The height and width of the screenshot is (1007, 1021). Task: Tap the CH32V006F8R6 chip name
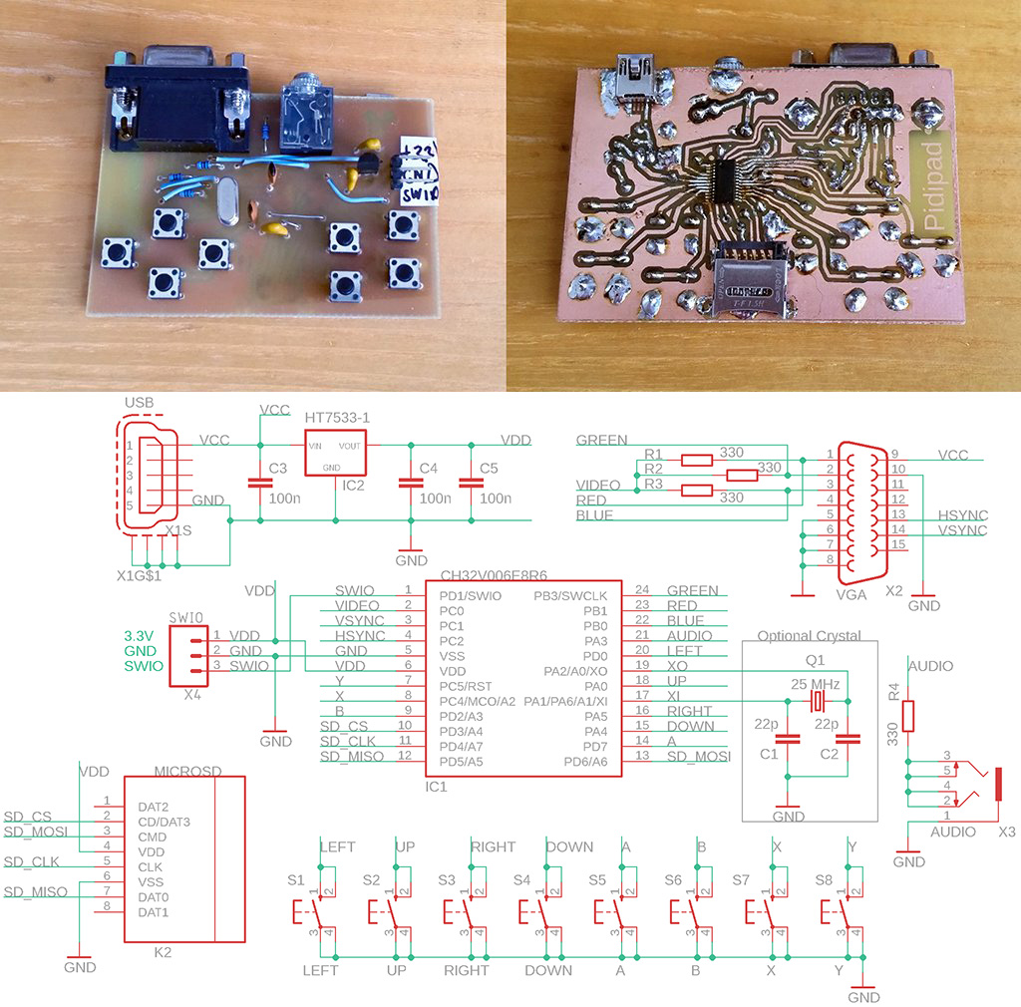(x=495, y=575)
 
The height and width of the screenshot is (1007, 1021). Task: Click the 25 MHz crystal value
(x=816, y=684)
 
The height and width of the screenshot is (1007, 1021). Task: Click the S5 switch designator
(x=596, y=879)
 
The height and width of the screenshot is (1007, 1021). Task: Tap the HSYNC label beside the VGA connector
(x=963, y=514)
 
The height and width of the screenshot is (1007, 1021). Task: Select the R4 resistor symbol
(x=908, y=716)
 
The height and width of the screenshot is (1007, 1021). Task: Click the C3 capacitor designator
(x=278, y=468)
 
